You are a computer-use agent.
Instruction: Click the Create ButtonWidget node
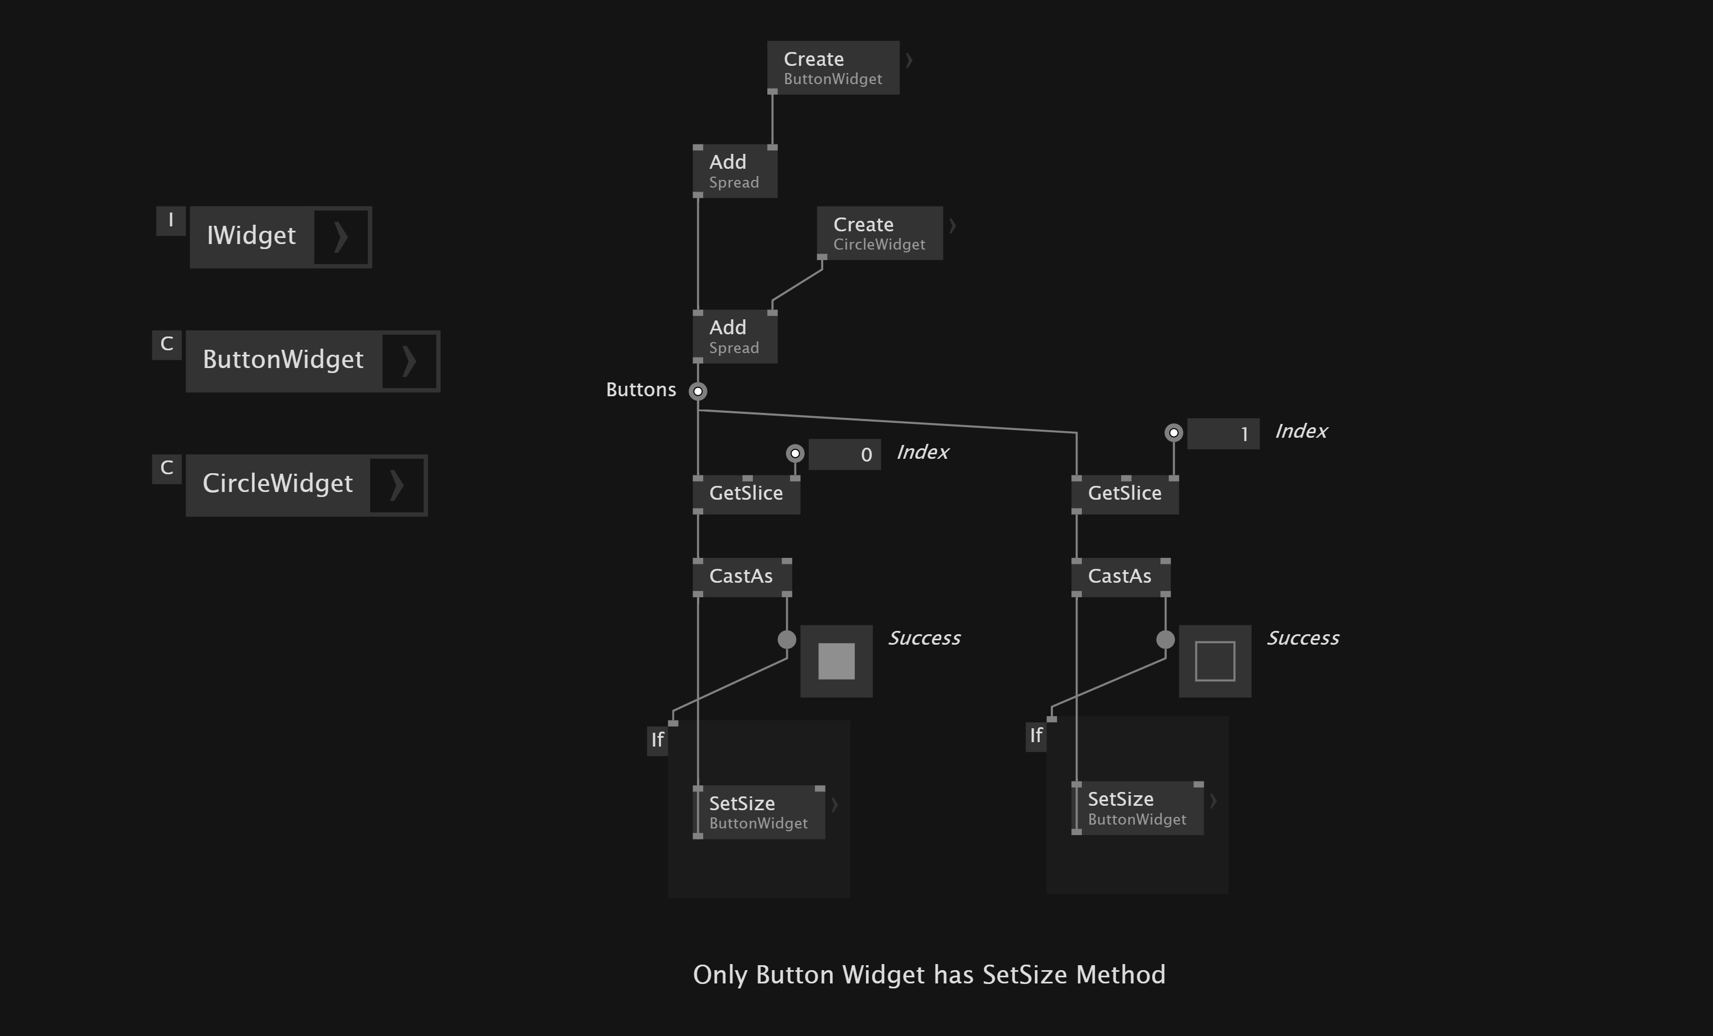(x=832, y=68)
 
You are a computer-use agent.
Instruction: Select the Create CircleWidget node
(x=879, y=234)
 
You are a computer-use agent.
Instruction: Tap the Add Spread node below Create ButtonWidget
(x=734, y=172)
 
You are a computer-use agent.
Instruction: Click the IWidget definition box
(x=252, y=237)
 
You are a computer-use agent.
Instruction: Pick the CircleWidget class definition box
(x=277, y=485)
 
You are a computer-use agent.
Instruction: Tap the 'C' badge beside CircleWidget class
(x=167, y=468)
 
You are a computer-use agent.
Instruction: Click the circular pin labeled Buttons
(x=698, y=391)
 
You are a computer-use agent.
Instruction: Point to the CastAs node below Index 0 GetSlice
(x=741, y=577)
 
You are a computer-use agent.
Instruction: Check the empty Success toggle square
(x=1215, y=661)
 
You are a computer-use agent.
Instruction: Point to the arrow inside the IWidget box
(x=340, y=237)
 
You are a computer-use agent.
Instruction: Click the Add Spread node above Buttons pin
(x=734, y=337)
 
